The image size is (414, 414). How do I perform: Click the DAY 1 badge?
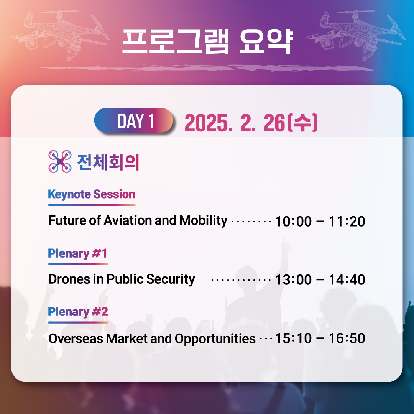click(x=134, y=120)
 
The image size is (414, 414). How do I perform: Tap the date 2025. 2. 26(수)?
click(x=251, y=123)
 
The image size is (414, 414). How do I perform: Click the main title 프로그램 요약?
click(x=207, y=41)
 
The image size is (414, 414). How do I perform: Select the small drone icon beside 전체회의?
click(x=60, y=161)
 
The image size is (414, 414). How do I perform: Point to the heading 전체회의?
click(x=108, y=162)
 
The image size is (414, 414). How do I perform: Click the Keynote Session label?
click(x=92, y=195)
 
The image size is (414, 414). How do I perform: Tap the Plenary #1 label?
click(x=77, y=253)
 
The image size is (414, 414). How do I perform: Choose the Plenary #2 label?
click(x=78, y=312)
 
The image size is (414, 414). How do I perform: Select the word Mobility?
click(x=203, y=221)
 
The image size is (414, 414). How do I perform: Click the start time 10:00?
click(x=293, y=222)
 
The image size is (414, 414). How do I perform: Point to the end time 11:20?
click(x=347, y=222)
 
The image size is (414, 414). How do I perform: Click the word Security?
click(x=171, y=279)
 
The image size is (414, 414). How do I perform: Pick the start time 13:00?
click(x=293, y=280)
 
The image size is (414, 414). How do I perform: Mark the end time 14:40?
click(x=347, y=280)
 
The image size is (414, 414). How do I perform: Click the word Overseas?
click(x=76, y=338)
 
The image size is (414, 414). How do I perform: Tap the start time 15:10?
click(x=293, y=338)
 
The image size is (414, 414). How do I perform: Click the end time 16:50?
click(x=347, y=338)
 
